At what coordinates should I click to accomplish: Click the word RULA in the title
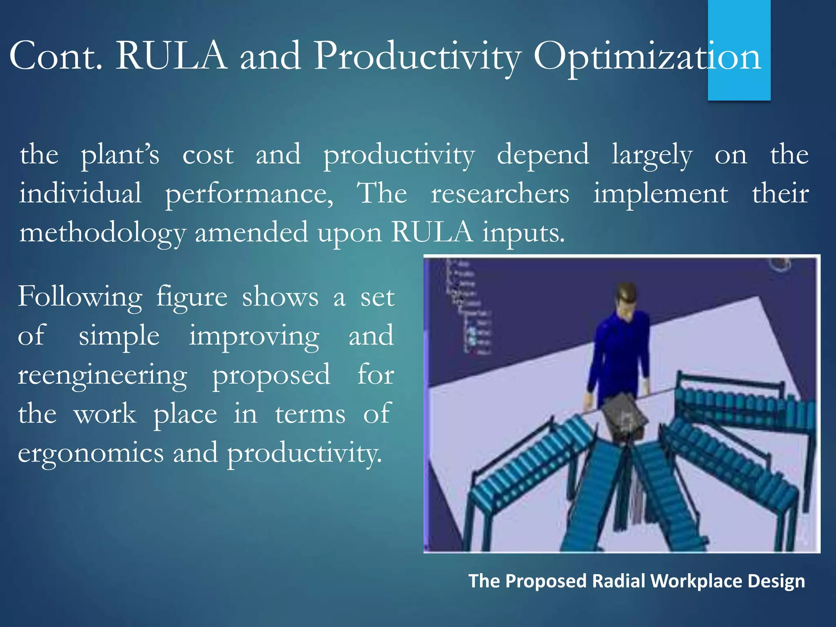pyautogui.click(x=171, y=56)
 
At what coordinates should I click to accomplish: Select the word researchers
pyautogui.click(x=500, y=194)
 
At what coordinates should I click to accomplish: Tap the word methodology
pyautogui.click(x=102, y=233)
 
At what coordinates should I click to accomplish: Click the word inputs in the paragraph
pyautogui.click(x=523, y=233)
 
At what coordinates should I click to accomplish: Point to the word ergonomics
pyautogui.click(x=91, y=454)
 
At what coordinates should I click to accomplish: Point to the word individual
pyautogui.click(x=80, y=194)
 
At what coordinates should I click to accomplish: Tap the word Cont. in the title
pyautogui.click(x=55, y=56)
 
